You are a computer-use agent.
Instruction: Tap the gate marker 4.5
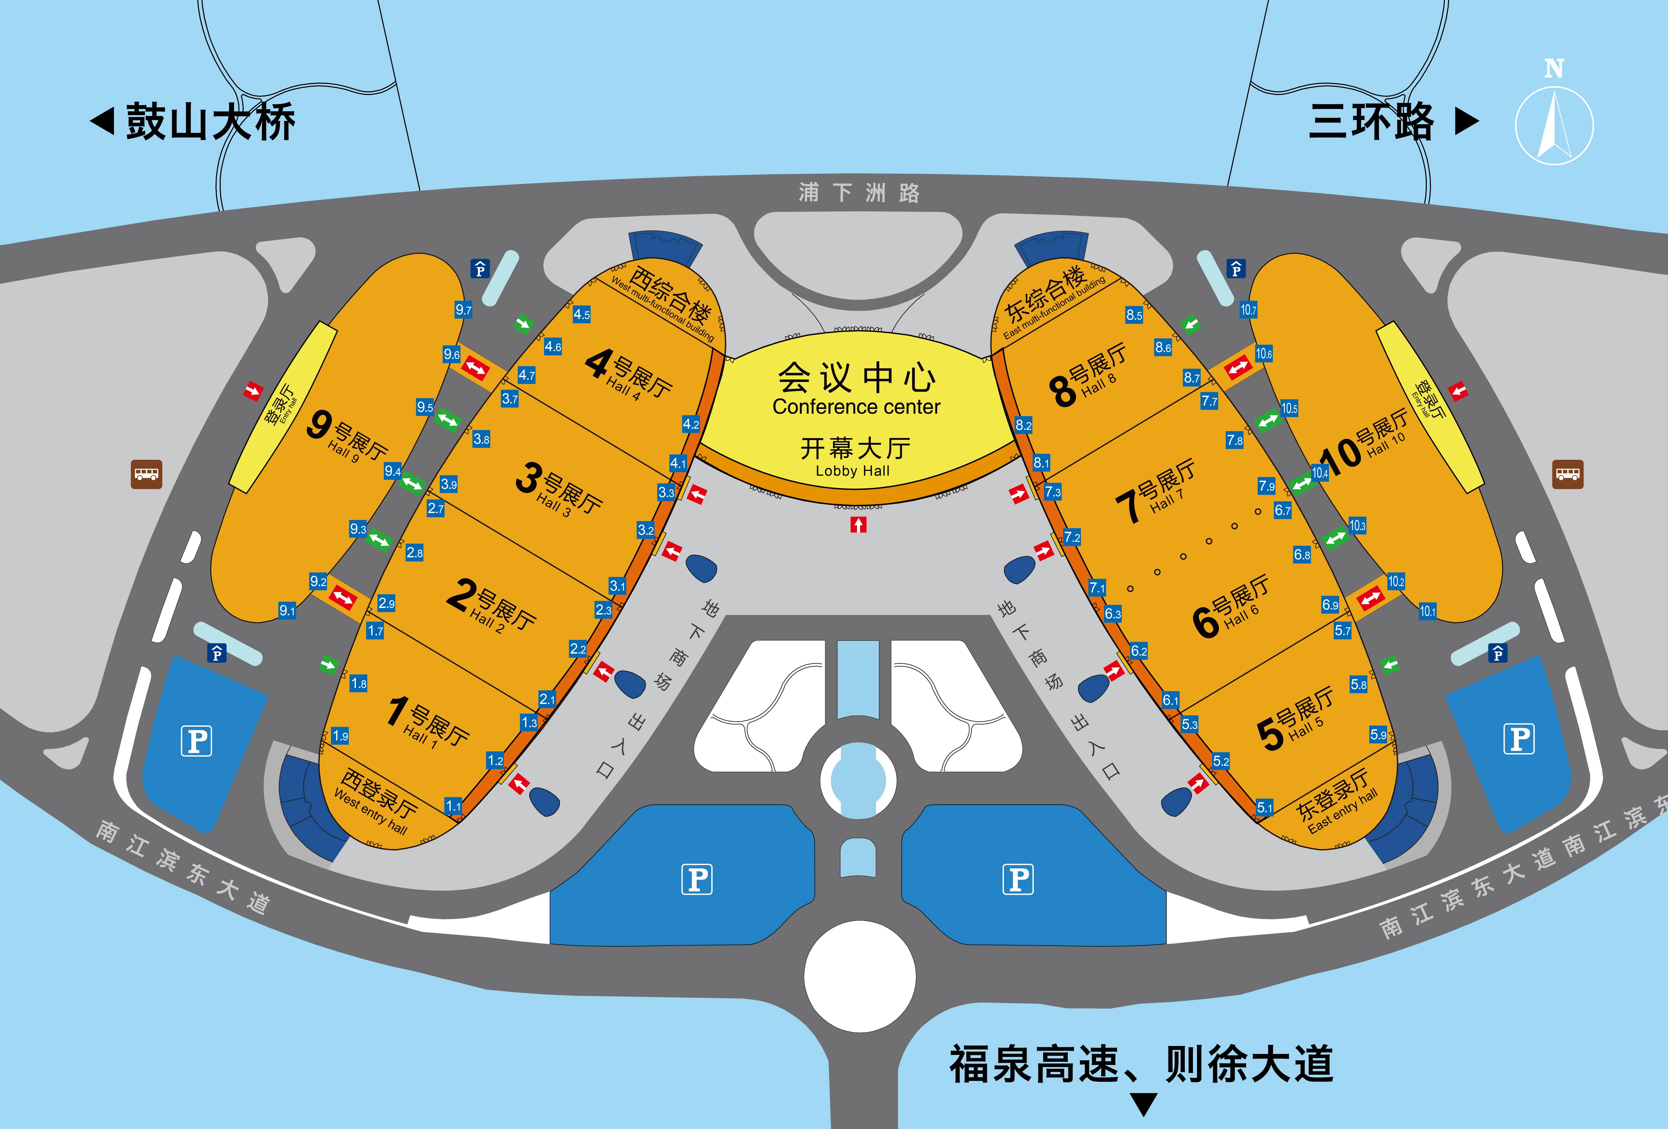[581, 314]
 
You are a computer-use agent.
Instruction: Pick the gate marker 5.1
[1265, 807]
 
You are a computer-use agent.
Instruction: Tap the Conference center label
[856, 407]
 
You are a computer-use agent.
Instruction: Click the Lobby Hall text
[853, 471]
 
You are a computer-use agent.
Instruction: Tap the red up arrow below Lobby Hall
[859, 525]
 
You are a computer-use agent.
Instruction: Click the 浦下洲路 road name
[859, 192]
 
